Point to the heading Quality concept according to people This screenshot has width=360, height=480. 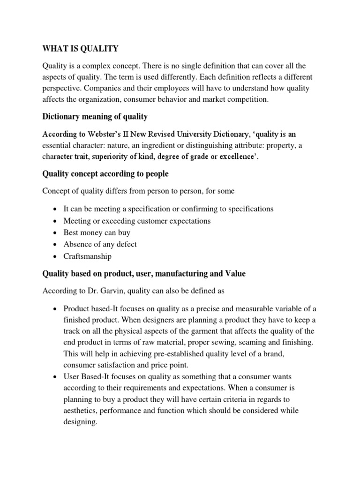(x=105, y=174)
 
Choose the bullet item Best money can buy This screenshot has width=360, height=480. (x=97, y=232)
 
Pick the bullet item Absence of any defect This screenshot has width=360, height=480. (x=100, y=244)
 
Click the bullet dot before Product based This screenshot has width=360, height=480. (x=55, y=308)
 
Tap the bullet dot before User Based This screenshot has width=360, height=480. (x=55, y=376)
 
